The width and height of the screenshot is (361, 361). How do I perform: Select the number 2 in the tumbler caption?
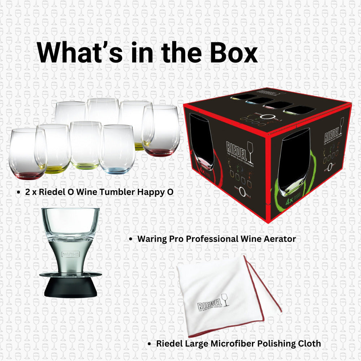pyautogui.click(x=27, y=192)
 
